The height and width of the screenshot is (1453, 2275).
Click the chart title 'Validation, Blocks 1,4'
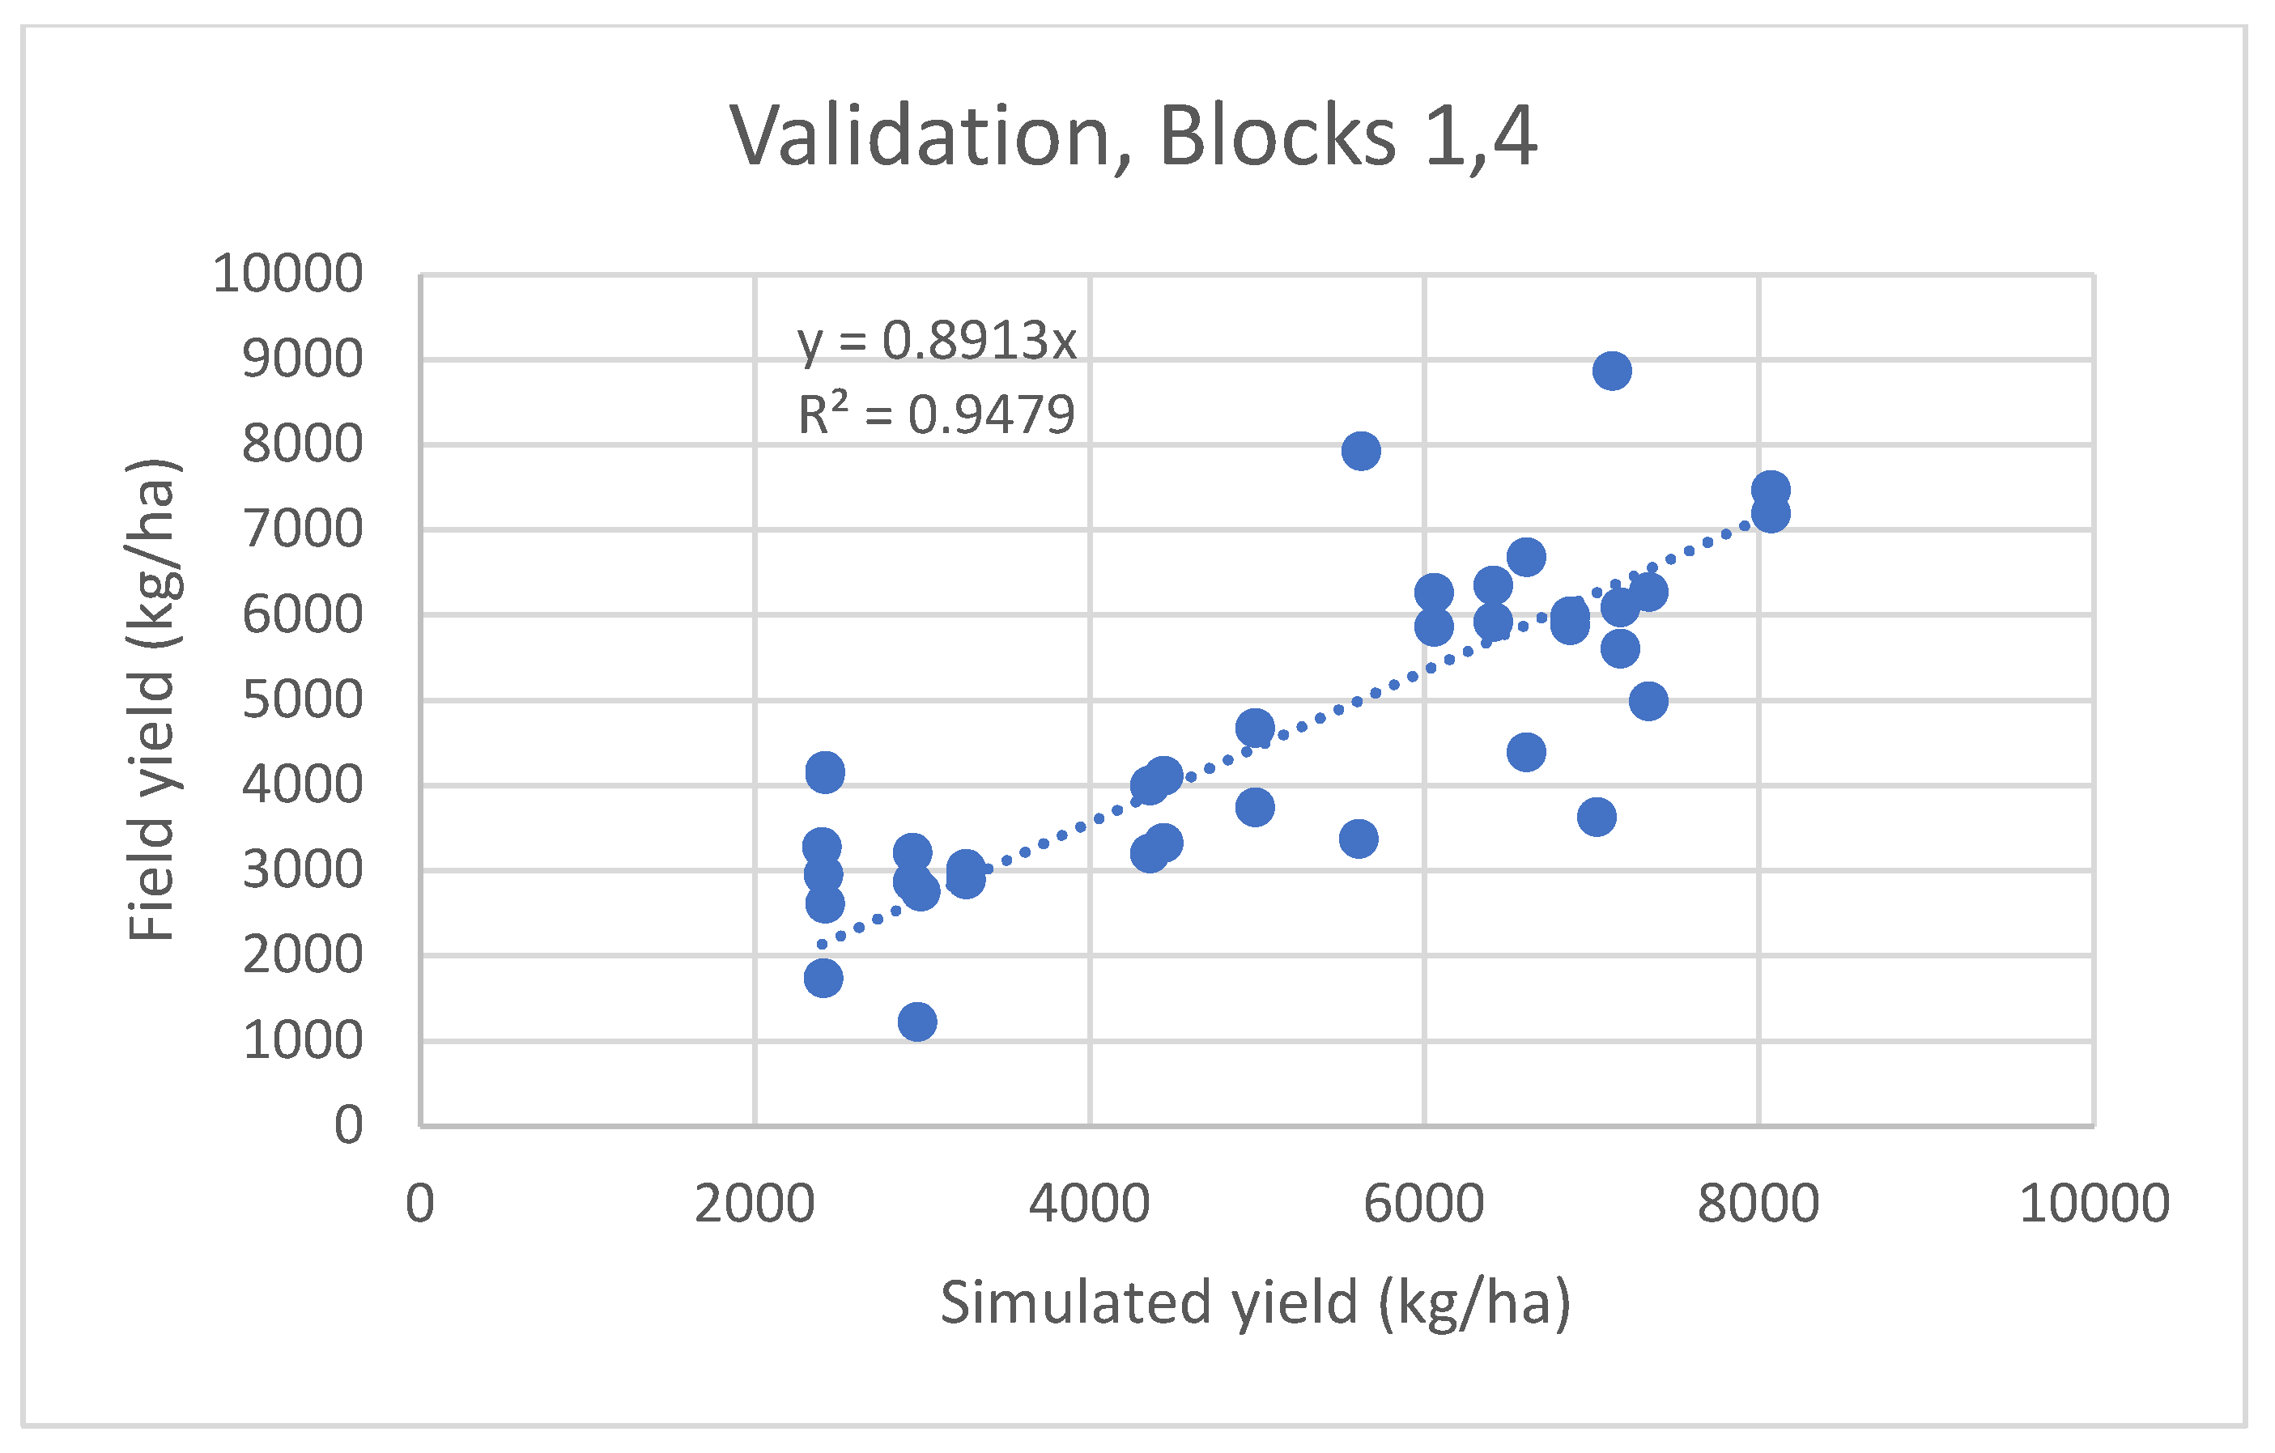(1133, 137)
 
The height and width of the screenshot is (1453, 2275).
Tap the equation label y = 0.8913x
(936, 340)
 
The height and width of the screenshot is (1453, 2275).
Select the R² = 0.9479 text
(936, 414)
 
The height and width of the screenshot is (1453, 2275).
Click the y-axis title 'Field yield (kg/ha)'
(152, 700)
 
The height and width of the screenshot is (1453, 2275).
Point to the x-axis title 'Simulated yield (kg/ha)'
(1256, 1302)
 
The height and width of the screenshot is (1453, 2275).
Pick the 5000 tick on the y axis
(302, 700)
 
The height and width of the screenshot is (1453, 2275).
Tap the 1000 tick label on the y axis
(302, 1040)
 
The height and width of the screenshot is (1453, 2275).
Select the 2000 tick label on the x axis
(754, 1204)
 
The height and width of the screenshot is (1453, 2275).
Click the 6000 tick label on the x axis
(1424, 1204)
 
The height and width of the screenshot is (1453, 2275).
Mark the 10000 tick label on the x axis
(2094, 1204)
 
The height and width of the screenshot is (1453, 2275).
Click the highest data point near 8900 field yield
(1612, 371)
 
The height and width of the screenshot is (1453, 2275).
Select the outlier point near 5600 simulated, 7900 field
(1360, 452)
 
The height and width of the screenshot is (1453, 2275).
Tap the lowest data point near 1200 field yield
(917, 1022)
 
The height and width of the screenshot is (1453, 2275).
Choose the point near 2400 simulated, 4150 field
(825, 773)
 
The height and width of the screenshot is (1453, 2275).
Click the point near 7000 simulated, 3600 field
(1597, 816)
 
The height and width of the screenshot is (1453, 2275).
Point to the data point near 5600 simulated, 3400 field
(1359, 838)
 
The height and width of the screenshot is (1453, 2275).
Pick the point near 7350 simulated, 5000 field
(1648, 701)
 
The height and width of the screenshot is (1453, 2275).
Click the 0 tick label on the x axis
(419, 1204)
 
